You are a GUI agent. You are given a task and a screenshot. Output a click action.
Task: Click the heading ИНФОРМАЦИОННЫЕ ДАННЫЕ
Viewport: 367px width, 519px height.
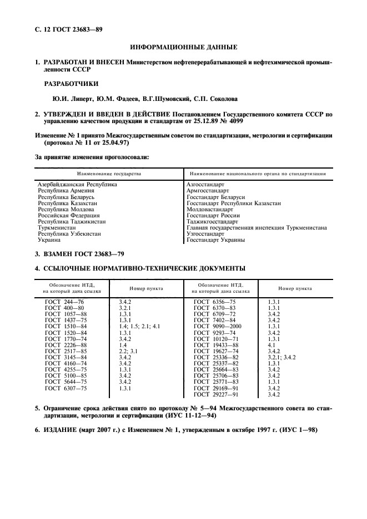[x=183, y=47]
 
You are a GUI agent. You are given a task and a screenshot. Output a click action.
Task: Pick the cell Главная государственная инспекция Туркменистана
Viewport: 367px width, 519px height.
[x=257, y=227]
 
